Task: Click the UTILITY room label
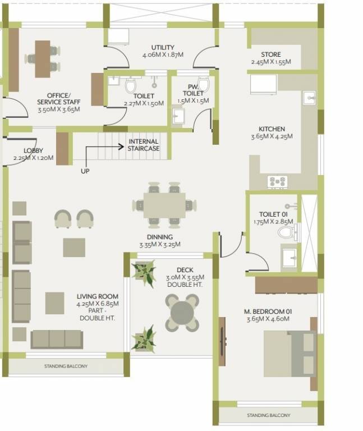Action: (x=162, y=47)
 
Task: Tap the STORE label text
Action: (x=270, y=54)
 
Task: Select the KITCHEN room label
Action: (x=272, y=129)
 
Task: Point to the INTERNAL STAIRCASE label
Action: (x=144, y=145)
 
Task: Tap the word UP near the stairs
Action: (x=85, y=171)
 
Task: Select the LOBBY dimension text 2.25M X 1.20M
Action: (x=34, y=158)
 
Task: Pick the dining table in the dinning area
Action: (x=164, y=205)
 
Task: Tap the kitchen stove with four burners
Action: (x=277, y=181)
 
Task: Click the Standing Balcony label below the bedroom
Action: (x=269, y=416)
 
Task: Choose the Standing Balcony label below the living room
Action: (x=66, y=366)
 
